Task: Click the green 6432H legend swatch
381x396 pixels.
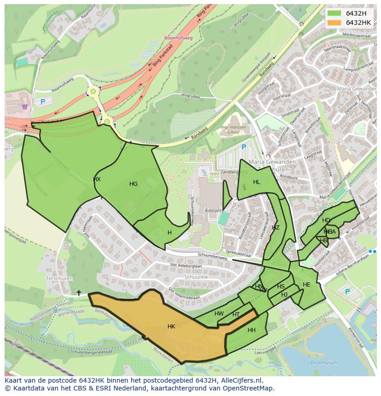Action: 334,13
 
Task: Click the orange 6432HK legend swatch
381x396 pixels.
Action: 334,23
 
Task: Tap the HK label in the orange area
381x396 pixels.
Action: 171,327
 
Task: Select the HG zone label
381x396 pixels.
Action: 133,184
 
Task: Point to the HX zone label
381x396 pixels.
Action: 97,179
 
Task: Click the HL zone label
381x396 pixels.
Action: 257,182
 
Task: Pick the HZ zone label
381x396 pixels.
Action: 276,228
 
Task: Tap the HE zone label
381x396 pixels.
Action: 306,285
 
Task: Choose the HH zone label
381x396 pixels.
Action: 252,330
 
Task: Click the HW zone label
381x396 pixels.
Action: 219,314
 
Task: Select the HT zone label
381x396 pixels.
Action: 236,315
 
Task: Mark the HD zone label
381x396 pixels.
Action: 326,220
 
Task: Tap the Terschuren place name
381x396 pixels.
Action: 57,279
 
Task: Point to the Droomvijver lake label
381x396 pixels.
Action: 324,362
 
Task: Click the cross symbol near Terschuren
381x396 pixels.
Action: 79,293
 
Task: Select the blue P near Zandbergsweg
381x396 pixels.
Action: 244,147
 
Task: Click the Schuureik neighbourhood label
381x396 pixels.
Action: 196,278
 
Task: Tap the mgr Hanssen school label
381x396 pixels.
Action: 233,130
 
